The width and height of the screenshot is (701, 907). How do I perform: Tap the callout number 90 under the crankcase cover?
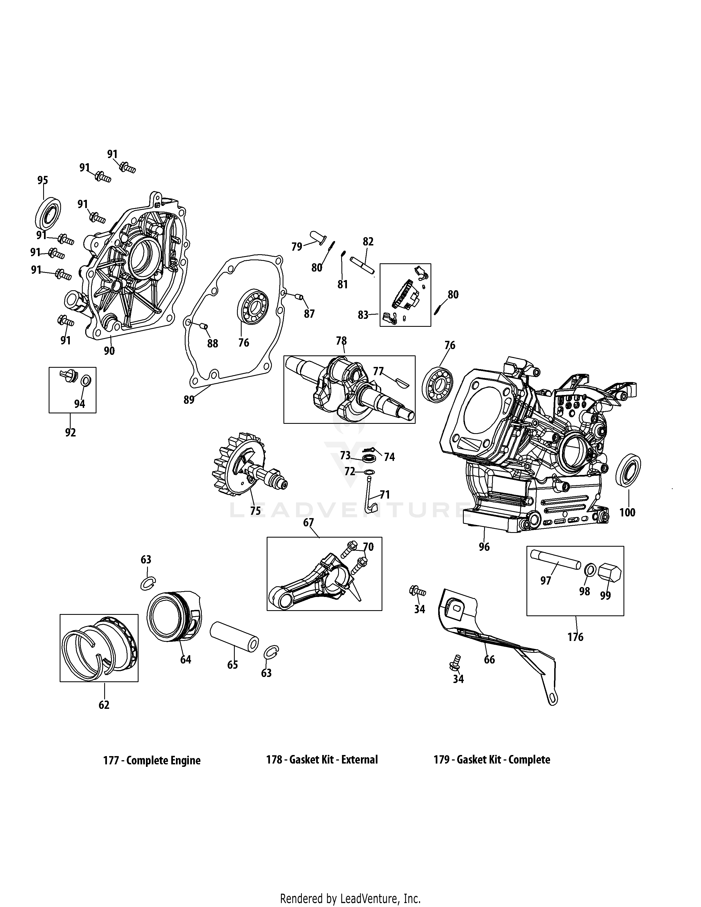(x=109, y=351)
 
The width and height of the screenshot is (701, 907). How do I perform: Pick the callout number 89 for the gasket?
(x=189, y=400)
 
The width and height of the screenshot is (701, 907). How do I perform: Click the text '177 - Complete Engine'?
(x=151, y=761)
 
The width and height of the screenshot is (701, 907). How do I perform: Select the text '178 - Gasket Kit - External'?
(x=322, y=760)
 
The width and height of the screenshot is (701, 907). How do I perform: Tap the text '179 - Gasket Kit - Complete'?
(x=492, y=760)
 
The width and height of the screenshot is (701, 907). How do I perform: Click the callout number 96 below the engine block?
(x=484, y=547)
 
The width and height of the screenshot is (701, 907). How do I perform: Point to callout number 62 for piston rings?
(x=104, y=705)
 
